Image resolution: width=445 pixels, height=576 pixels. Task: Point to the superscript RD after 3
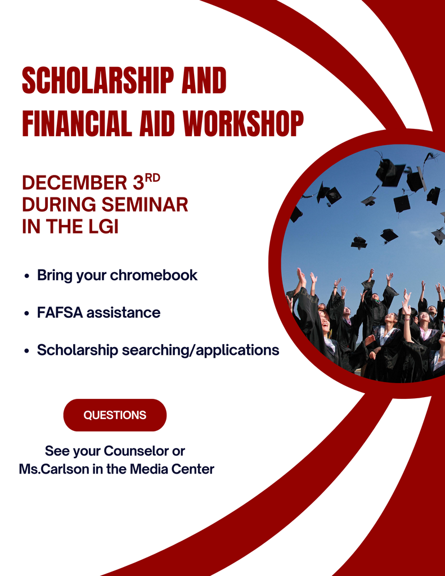152,178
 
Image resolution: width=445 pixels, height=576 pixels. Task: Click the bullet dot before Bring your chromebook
27,276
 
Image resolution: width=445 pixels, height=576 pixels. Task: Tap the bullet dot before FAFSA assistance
27,313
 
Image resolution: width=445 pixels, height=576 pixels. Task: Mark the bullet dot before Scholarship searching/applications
27,351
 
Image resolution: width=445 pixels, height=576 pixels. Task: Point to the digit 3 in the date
138,183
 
